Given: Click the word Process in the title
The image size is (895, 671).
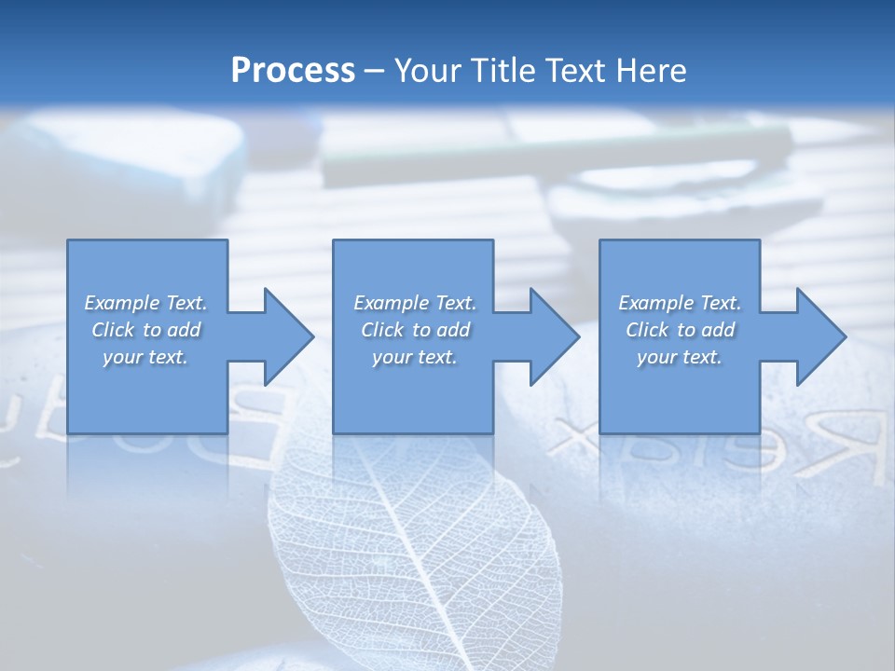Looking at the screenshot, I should (293, 71).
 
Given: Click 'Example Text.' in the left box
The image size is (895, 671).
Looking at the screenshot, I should (145, 303).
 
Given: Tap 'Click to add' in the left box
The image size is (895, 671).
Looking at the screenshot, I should (145, 330).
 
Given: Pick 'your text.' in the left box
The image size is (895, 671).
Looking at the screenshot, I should (145, 357).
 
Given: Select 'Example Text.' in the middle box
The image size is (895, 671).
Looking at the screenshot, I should (415, 303).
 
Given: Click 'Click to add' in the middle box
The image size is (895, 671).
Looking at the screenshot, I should (415, 330).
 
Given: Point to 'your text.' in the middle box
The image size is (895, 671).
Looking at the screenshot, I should (415, 357).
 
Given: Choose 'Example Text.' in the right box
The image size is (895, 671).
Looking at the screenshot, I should (680, 303).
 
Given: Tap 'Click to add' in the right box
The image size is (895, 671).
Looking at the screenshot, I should (680, 330).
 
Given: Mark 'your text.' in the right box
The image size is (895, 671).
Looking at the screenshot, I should (680, 357).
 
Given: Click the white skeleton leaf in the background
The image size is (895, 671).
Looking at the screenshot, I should (410, 550).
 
